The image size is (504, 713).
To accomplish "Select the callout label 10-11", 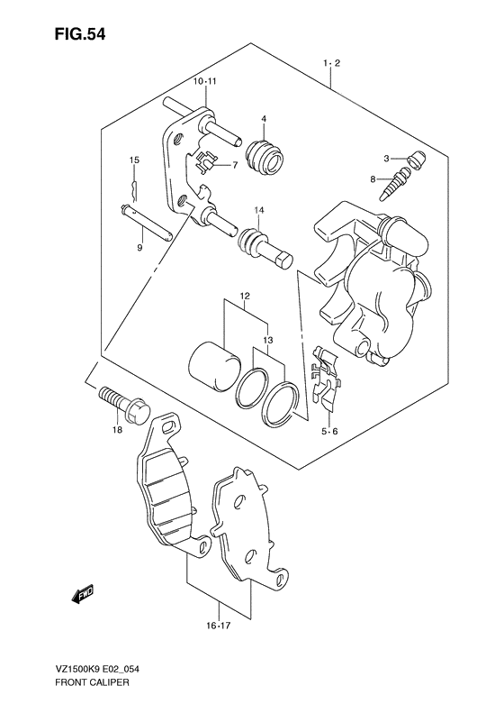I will click(x=205, y=82).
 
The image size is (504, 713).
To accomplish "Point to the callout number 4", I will click(x=264, y=119).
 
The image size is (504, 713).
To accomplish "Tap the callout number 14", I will click(x=257, y=211).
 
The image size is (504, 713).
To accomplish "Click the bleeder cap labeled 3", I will click(x=416, y=163).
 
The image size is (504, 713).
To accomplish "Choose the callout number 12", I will click(x=244, y=297).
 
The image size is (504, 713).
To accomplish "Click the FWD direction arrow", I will click(x=84, y=594).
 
